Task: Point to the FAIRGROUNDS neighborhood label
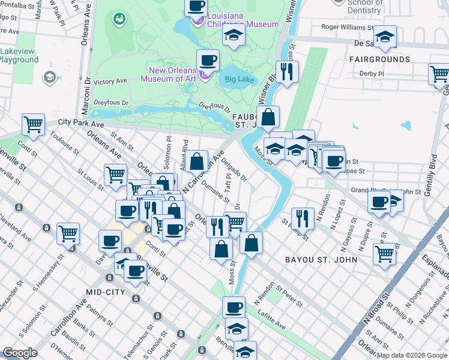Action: (x=382, y=59)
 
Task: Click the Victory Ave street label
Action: (x=110, y=81)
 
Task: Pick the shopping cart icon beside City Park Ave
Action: (x=34, y=125)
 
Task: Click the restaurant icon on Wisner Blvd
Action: (x=287, y=71)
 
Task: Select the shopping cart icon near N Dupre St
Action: (x=384, y=253)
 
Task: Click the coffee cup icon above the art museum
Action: (x=208, y=59)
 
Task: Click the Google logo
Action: (x=20, y=353)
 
